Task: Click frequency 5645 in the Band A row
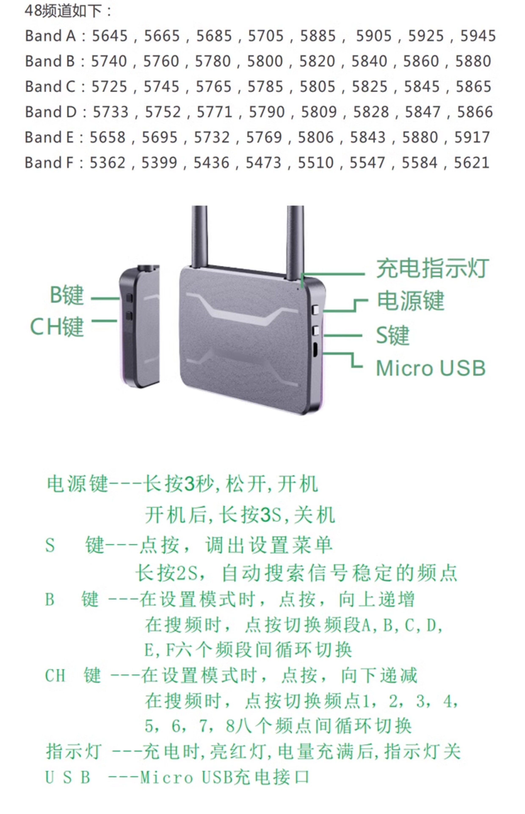point(110,36)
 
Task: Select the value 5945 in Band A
point(478,36)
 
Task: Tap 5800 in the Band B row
point(265,61)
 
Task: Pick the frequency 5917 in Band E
point(472,137)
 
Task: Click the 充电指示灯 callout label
point(432,269)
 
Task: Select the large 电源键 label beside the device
point(410,301)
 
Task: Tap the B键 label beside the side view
point(67,295)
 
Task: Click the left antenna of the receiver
point(199,236)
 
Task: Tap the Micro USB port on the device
point(315,349)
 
